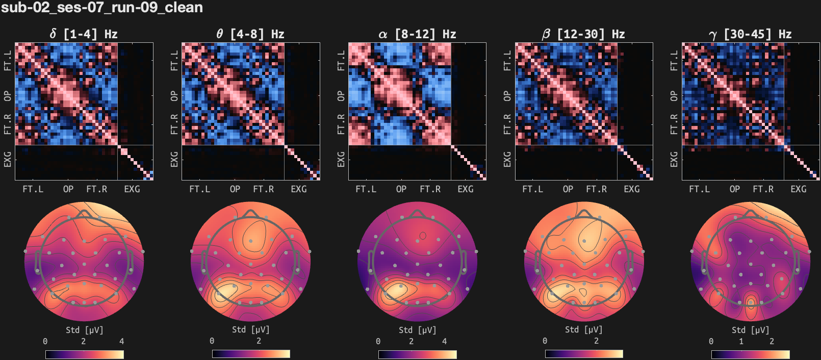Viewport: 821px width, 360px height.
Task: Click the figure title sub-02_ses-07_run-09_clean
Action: coord(102,8)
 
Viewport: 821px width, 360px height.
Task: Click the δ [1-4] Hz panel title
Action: coord(84,34)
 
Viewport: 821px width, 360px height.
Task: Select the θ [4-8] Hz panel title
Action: coord(250,34)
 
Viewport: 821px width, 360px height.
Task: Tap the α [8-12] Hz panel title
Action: coord(417,34)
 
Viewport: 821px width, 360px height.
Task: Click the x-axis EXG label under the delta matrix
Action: coord(132,189)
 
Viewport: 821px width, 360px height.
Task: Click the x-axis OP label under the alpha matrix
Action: coord(401,189)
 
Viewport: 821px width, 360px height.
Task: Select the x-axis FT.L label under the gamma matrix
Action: coord(699,189)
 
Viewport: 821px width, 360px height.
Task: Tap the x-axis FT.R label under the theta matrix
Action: coord(263,189)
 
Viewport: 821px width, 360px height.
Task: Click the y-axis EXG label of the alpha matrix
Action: coord(341,159)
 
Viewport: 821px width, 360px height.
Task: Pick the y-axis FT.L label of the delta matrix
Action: coord(8,60)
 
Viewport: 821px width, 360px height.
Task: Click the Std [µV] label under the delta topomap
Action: coord(84,330)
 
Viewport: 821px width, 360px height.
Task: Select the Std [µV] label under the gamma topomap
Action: coord(750,330)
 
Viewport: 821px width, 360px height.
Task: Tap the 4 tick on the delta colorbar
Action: coord(121,341)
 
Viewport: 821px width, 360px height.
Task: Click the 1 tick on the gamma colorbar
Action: coord(741,341)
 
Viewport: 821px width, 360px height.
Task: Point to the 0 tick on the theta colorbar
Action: coord(212,341)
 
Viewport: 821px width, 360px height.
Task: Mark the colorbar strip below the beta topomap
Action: coord(584,354)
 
